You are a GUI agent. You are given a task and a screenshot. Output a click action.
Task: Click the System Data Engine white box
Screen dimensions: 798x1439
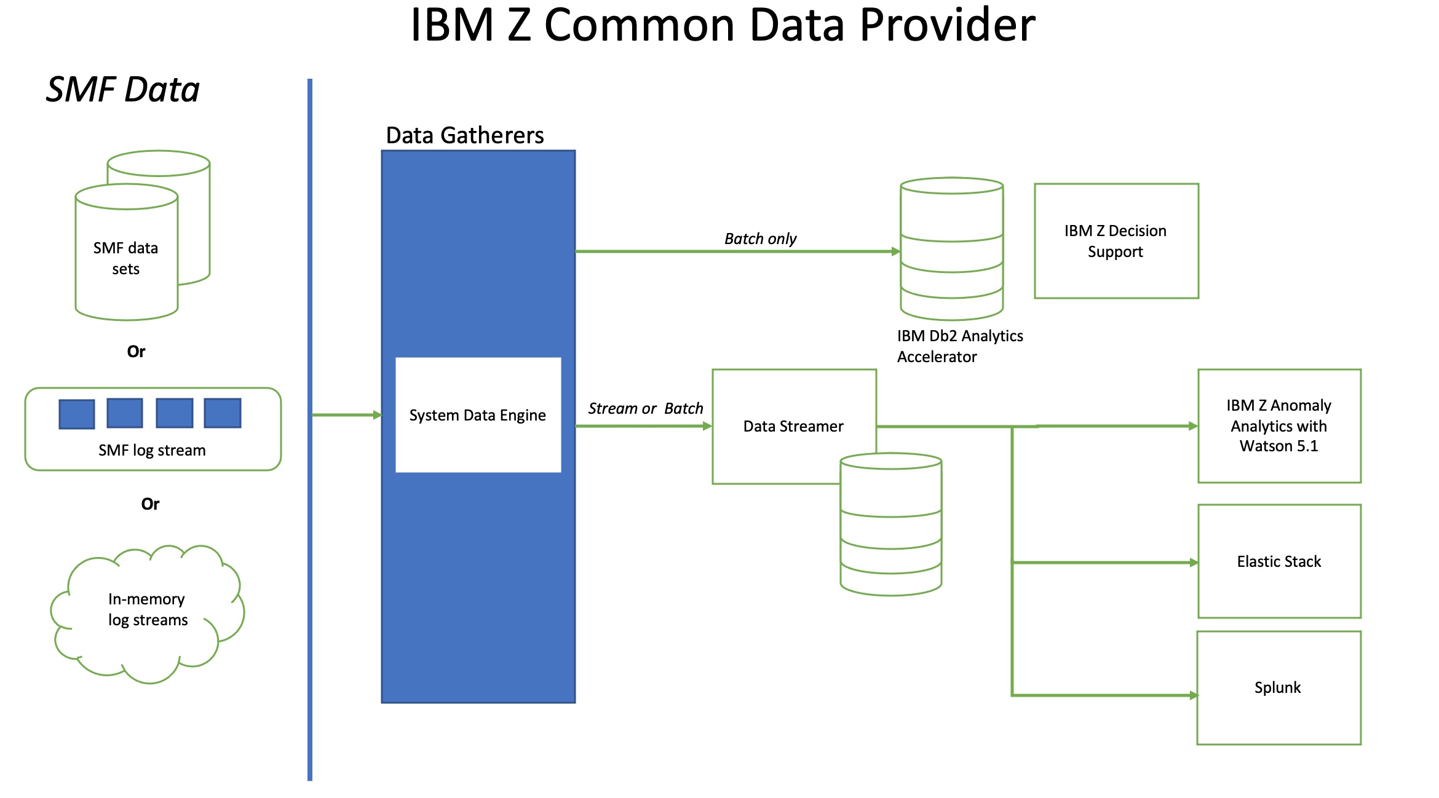pyautogui.click(x=478, y=415)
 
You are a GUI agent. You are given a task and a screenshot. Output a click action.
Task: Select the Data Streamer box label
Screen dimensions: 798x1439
pyautogui.click(x=793, y=426)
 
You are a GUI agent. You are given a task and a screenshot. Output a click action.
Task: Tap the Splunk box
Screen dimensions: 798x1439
pyautogui.click(x=1278, y=687)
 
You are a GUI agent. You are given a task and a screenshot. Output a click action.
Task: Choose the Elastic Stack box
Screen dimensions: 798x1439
pyautogui.click(x=1279, y=561)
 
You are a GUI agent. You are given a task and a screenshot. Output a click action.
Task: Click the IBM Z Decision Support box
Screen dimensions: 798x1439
pyautogui.click(x=1116, y=241)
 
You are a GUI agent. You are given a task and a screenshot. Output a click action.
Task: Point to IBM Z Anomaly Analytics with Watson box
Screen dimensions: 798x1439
pyautogui.click(x=1279, y=425)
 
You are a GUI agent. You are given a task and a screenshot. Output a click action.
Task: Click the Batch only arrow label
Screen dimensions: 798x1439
pyautogui.click(x=760, y=239)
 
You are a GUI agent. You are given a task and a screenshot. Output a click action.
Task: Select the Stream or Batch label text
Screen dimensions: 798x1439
pyautogui.click(x=645, y=408)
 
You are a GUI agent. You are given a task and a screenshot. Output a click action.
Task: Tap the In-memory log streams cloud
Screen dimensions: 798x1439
pyautogui.click(x=148, y=610)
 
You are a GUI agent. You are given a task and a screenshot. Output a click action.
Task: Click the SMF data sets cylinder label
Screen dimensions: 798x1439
pyautogui.click(x=126, y=258)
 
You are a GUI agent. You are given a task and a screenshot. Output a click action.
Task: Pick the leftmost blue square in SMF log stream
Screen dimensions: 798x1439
pyautogui.click(x=77, y=414)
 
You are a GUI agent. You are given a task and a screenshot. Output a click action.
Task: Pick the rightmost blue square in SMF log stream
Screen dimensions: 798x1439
pyautogui.click(x=223, y=413)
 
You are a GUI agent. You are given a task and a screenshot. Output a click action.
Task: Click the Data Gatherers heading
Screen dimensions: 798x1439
pyautogui.click(x=464, y=135)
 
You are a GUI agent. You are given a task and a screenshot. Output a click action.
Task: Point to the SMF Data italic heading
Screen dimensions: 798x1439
pyautogui.click(x=122, y=90)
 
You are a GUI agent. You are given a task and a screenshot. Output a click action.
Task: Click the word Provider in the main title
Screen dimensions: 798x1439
pyautogui.click(x=947, y=26)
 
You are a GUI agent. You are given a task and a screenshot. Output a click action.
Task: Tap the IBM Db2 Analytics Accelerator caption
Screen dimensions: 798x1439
pyautogui.click(x=959, y=346)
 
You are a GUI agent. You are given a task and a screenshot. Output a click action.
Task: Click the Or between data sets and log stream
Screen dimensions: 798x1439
pyautogui.click(x=136, y=352)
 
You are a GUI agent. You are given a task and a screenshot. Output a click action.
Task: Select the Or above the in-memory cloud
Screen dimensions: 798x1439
pyautogui.click(x=150, y=504)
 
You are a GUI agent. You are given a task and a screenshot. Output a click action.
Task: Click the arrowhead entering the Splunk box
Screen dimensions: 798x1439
pyautogui.click(x=1194, y=695)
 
